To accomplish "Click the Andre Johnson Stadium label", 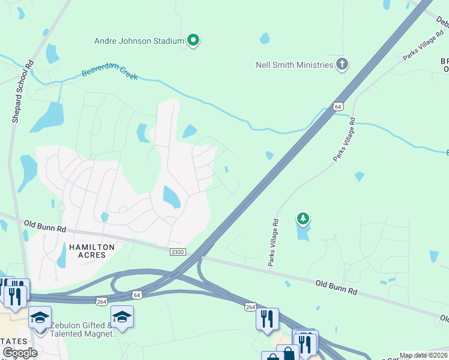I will coord(139,41).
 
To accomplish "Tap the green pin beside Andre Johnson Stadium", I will coord(193,41).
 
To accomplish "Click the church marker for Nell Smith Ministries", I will coord(342,64).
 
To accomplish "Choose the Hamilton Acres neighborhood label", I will coord(87,251).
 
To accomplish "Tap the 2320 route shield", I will coord(178,253).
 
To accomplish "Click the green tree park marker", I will coord(303,219).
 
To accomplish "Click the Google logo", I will coord(20,353).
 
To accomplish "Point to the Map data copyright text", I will coord(423,355).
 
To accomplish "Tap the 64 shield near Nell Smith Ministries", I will coord(339,106).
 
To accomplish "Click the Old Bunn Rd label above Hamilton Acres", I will coord(46,226).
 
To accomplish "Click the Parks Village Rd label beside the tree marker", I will coord(274,242).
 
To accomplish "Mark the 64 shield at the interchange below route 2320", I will coord(137,295).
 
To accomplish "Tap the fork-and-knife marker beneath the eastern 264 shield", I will coord(267,319).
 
